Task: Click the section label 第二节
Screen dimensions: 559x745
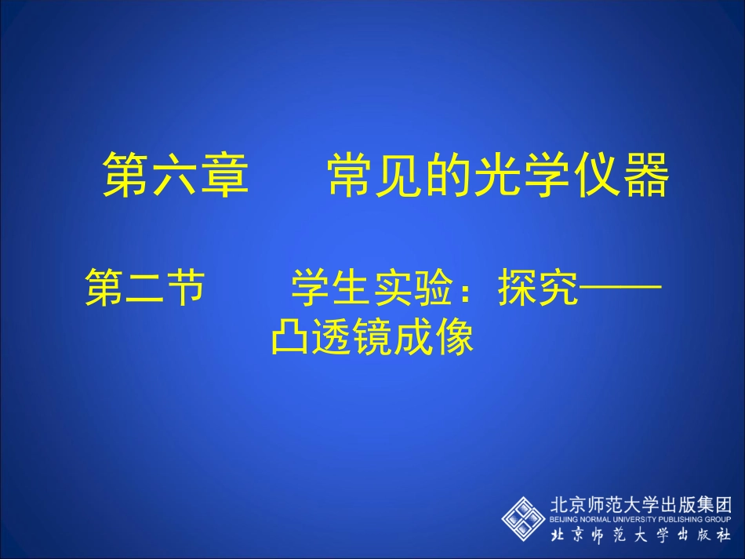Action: point(145,288)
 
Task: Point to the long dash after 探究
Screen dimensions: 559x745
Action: point(620,289)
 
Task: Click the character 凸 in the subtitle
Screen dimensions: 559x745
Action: point(288,339)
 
